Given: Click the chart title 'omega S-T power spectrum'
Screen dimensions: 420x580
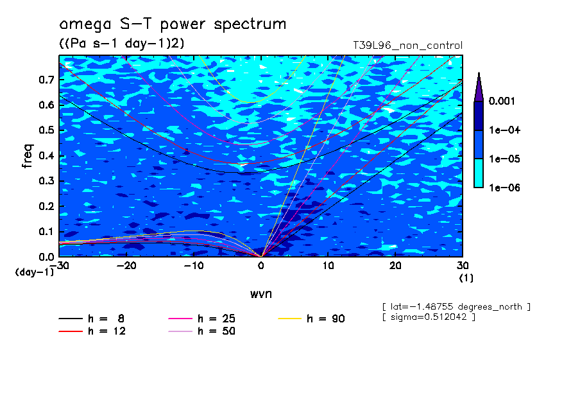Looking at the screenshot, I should tap(173, 25).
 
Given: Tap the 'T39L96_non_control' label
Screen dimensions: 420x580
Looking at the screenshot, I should tap(407, 46).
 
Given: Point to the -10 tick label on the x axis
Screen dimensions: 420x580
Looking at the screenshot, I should tap(194, 266).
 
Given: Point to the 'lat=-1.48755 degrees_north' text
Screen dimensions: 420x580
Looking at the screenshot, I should tap(456, 306).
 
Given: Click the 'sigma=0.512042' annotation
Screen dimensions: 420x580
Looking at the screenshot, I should tap(429, 317).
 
